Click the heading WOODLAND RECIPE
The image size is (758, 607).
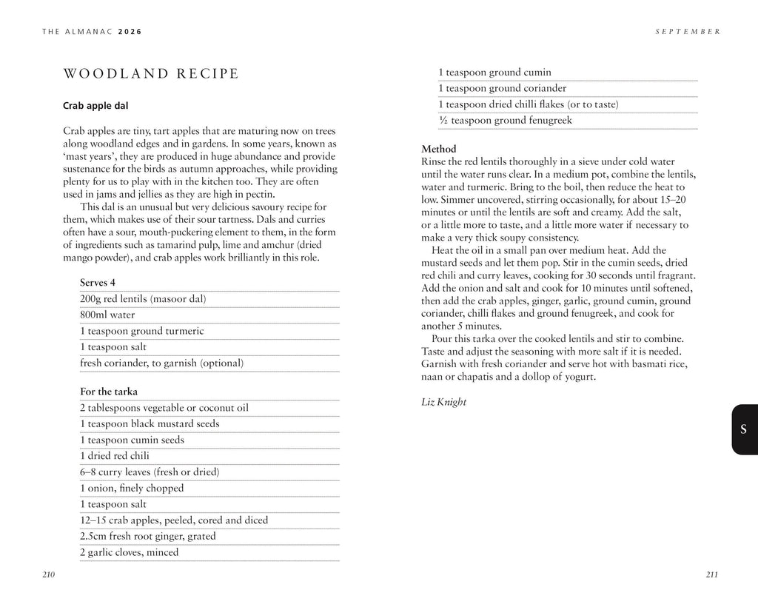pyautogui.click(x=151, y=73)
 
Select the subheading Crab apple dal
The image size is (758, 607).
pyautogui.click(x=96, y=106)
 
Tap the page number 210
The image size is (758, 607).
pyautogui.click(x=49, y=574)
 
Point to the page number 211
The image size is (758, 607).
pyautogui.click(x=712, y=574)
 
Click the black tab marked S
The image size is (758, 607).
pyautogui.click(x=743, y=430)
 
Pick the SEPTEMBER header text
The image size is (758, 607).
pyautogui.click(x=688, y=32)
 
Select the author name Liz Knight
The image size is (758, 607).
pyautogui.click(x=443, y=402)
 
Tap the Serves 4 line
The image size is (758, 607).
pyautogui.click(x=98, y=283)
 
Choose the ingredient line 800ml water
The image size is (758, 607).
pyautogui.click(x=107, y=315)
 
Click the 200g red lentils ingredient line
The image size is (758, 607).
pyautogui.click(x=143, y=299)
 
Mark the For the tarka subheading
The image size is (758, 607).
pyautogui.click(x=109, y=392)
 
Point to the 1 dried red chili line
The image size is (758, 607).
pyautogui.click(x=115, y=456)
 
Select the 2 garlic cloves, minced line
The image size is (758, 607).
pyautogui.click(x=129, y=552)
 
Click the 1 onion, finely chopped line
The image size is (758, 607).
pyautogui.click(x=132, y=488)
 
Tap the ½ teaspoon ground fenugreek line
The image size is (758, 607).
pyautogui.click(x=505, y=121)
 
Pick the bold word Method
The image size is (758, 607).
pyautogui.click(x=439, y=149)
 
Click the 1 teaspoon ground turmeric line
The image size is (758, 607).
pyautogui.click(x=141, y=331)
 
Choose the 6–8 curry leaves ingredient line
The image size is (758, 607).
pyautogui.click(x=150, y=472)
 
